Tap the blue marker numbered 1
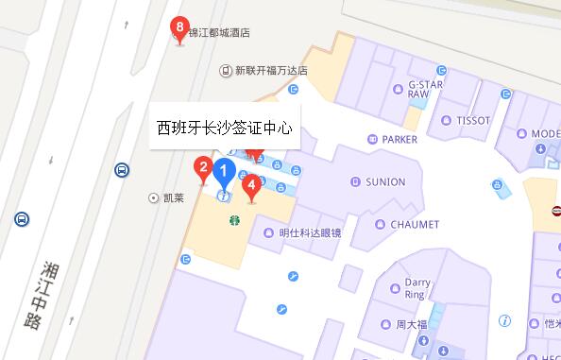224,172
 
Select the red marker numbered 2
202,168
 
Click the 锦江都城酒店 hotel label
219,33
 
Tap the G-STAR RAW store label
419,90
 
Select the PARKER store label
400,139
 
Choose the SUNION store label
384,181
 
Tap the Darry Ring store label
417,288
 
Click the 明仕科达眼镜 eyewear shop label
309,232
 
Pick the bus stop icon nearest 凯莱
123,170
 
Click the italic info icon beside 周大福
505,321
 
